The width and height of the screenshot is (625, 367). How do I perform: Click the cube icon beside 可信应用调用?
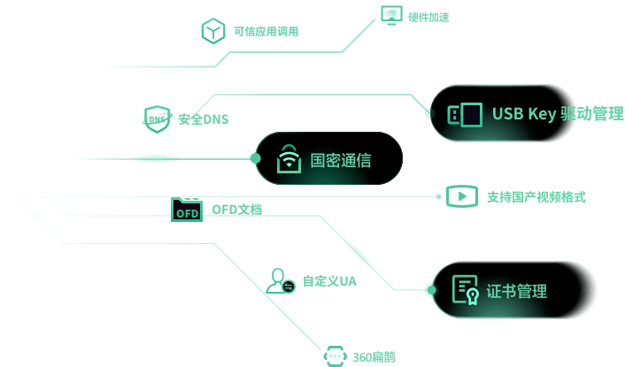(212, 31)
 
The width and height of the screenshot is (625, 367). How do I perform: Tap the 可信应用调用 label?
(266, 32)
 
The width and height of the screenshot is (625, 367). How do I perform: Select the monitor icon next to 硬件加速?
(390, 15)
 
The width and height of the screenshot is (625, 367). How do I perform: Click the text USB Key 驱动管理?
(558, 114)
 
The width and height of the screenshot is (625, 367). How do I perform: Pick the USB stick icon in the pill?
(465, 114)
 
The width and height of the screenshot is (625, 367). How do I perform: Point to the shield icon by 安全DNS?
(157, 119)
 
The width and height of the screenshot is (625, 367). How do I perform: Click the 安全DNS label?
(203, 119)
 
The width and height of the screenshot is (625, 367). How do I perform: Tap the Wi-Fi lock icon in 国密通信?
(289, 159)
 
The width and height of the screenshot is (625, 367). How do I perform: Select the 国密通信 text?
(341, 160)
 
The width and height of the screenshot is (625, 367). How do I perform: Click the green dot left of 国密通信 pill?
(255, 158)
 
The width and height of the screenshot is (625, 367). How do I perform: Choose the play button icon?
(462, 196)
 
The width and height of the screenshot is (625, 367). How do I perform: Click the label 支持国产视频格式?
(536, 197)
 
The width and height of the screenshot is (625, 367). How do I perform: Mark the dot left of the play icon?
(438, 196)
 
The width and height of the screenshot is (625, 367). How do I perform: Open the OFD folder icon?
(187, 210)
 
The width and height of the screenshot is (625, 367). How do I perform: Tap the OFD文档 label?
(236, 210)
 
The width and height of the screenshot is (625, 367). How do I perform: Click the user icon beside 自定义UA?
(280, 280)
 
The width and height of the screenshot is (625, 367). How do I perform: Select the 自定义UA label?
(329, 281)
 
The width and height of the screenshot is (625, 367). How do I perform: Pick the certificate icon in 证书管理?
(466, 290)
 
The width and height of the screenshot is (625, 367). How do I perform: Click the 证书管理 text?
(517, 291)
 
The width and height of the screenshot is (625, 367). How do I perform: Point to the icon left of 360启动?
(334, 356)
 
